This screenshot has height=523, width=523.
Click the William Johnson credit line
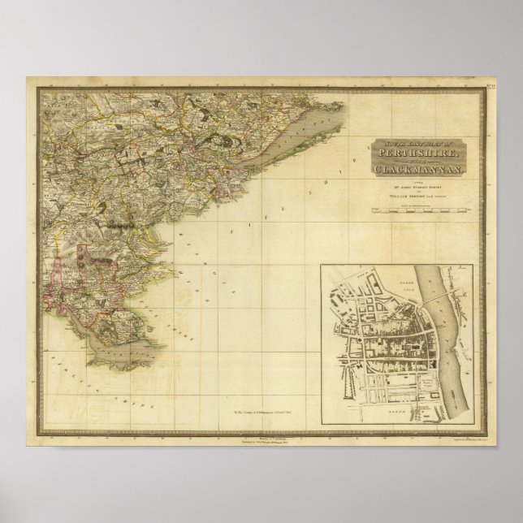415,195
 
